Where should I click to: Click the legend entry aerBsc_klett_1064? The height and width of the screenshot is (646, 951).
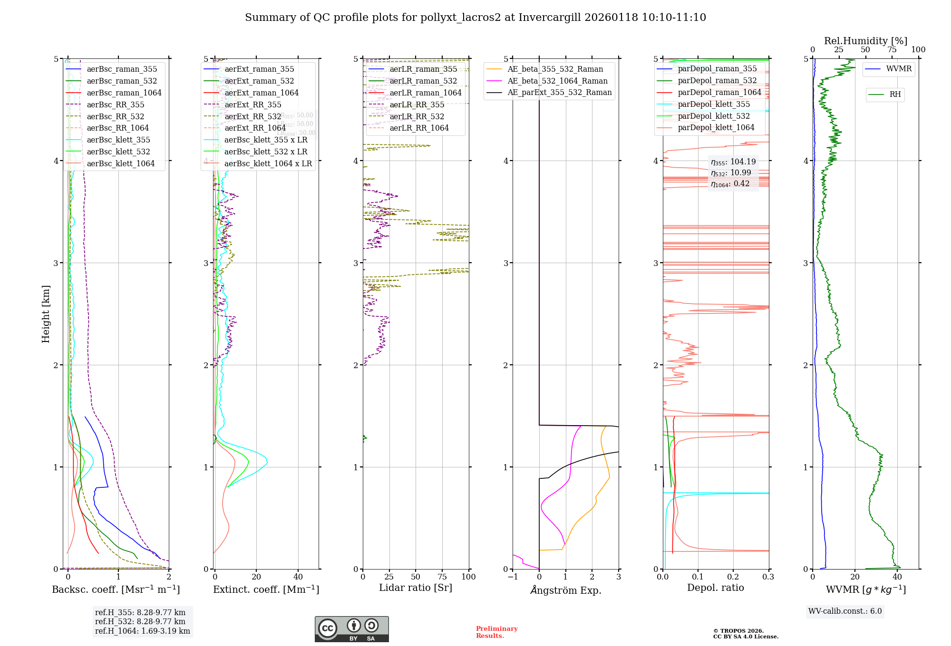[x=120, y=163]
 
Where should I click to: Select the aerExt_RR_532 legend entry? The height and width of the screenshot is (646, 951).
[x=252, y=116]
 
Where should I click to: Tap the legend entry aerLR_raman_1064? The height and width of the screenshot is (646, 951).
[x=425, y=93]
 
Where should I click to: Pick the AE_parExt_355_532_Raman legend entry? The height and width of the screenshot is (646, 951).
[x=559, y=92]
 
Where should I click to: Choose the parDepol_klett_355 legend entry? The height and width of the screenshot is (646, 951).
[x=713, y=104]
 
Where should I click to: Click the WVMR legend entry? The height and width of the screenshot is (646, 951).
[x=899, y=69]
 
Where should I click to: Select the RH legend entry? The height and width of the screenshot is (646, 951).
[x=895, y=95]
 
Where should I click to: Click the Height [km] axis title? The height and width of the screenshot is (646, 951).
[x=46, y=314]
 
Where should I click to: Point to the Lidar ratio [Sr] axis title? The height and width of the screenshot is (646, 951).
[x=415, y=588]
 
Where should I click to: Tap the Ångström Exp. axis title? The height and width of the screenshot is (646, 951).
[x=565, y=590]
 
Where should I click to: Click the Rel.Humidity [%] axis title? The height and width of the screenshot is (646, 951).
[x=865, y=41]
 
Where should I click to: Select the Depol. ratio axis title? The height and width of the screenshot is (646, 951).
[x=715, y=588]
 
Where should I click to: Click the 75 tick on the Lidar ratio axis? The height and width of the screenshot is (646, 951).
[x=442, y=577]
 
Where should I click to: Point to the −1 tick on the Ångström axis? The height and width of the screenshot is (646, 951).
[x=512, y=577]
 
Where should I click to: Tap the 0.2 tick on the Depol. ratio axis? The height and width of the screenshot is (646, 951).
[x=733, y=577]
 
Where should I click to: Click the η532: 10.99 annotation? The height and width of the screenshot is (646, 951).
[x=731, y=173]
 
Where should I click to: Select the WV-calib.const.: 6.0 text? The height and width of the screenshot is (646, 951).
[x=844, y=611]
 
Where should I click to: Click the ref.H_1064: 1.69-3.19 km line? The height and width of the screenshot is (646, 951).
[x=142, y=631]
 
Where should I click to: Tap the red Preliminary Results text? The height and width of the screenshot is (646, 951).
[x=496, y=632]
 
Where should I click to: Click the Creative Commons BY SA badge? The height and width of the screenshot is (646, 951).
[x=351, y=629]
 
